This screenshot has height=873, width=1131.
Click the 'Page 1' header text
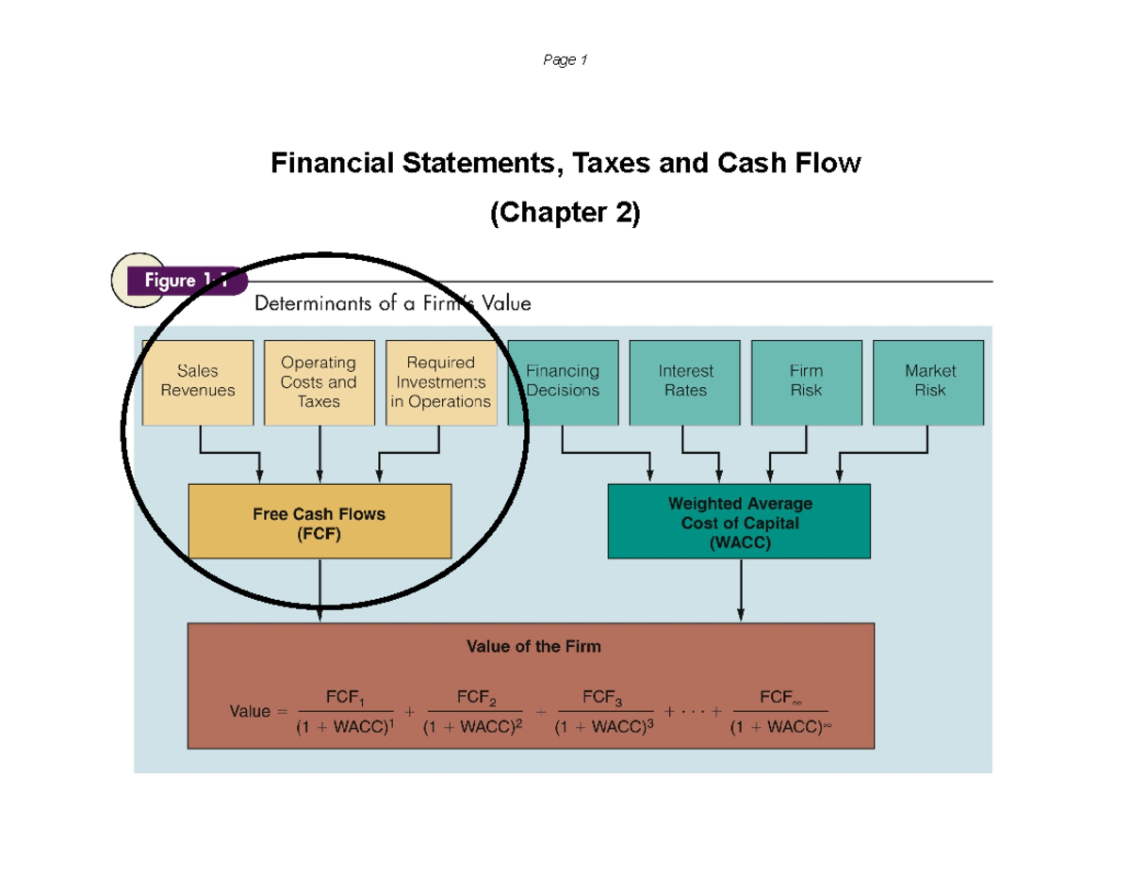[565, 61]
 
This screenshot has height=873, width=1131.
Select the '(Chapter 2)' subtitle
[565, 214]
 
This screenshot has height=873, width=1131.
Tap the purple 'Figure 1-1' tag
[185, 281]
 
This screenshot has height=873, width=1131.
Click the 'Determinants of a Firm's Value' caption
[393, 304]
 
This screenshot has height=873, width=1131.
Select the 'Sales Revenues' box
[198, 381]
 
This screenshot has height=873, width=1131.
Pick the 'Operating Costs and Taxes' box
[319, 381]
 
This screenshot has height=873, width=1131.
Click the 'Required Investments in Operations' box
[440, 381]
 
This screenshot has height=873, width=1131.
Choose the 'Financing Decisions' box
[563, 381]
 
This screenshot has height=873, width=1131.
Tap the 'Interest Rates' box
[685, 381]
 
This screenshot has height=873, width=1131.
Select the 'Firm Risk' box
[806, 381]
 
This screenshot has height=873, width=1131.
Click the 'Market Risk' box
[928, 381]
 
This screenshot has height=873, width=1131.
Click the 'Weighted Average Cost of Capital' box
[740, 523]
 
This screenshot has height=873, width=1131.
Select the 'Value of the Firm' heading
[533, 647]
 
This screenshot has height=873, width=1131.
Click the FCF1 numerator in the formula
[345, 699]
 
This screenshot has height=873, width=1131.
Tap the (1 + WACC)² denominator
[472, 727]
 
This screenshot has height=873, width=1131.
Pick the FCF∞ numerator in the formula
[779, 699]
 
